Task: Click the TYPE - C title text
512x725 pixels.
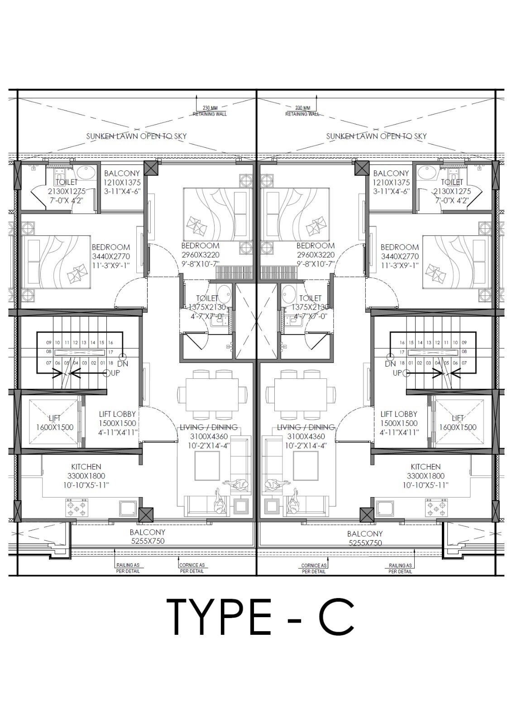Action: tap(260, 617)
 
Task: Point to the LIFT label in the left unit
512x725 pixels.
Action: tap(54, 418)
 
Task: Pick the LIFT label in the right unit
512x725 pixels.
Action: tap(458, 418)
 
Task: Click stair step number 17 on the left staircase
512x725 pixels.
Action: tap(110, 352)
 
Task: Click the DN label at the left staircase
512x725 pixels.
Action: tap(122, 363)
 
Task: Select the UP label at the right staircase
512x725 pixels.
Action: tap(397, 373)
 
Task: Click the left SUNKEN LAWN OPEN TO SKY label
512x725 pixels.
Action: tap(136, 136)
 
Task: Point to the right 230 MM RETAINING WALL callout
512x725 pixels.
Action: tap(302, 111)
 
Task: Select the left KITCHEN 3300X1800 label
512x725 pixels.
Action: tap(86, 476)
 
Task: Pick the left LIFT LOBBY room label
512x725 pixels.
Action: tap(117, 423)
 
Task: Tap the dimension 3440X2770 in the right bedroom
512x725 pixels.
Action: tap(400, 256)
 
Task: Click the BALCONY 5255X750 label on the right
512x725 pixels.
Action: tap(365, 538)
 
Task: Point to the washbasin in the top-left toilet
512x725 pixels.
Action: tap(85, 172)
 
